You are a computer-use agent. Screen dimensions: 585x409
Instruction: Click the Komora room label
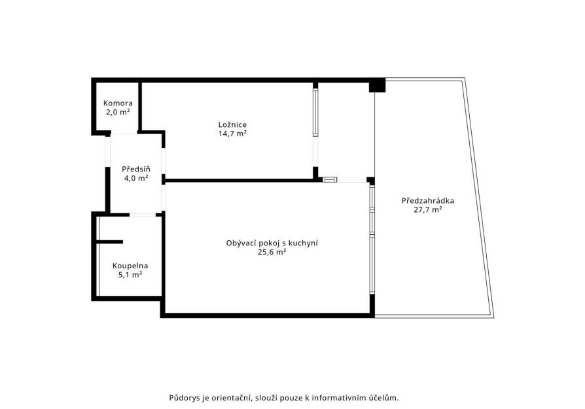click(x=118, y=103)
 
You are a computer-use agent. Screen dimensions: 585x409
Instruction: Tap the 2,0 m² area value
click(x=118, y=112)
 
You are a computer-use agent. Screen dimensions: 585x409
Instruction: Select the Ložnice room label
click(x=232, y=124)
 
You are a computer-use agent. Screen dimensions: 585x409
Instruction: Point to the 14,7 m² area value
click(x=232, y=133)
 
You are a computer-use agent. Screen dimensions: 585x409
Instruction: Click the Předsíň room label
click(x=136, y=169)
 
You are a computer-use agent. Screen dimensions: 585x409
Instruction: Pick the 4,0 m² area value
click(x=136, y=178)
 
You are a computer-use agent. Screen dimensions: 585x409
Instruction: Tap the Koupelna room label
click(x=130, y=266)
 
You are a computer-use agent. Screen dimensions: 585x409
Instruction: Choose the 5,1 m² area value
click(x=130, y=275)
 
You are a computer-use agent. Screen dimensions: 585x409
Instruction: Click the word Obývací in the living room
click(x=241, y=243)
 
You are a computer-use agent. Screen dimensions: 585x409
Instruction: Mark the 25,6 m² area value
click(x=272, y=252)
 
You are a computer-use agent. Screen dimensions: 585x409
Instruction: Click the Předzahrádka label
click(x=428, y=200)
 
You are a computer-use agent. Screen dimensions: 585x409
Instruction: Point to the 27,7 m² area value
click(x=428, y=209)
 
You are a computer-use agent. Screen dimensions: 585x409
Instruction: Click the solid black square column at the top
click(x=377, y=85)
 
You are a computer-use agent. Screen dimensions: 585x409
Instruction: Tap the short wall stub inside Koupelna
click(x=110, y=242)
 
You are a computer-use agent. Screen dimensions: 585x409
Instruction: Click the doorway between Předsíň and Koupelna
click(x=143, y=215)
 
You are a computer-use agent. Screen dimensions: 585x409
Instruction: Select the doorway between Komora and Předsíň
click(x=124, y=132)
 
